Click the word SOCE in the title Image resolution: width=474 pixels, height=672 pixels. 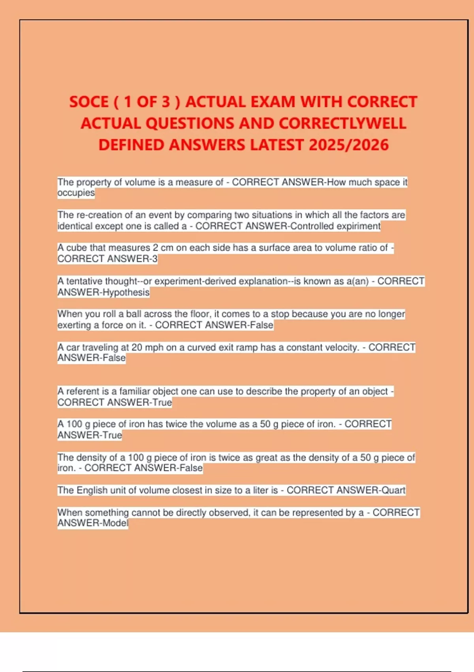89,102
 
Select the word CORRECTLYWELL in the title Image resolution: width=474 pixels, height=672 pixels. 342,123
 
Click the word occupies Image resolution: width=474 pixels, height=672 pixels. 76,193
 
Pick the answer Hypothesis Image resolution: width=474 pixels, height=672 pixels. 126,293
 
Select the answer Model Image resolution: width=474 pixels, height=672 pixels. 115,523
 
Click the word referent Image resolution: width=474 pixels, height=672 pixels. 83,391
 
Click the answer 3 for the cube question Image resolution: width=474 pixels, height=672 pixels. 155,259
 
